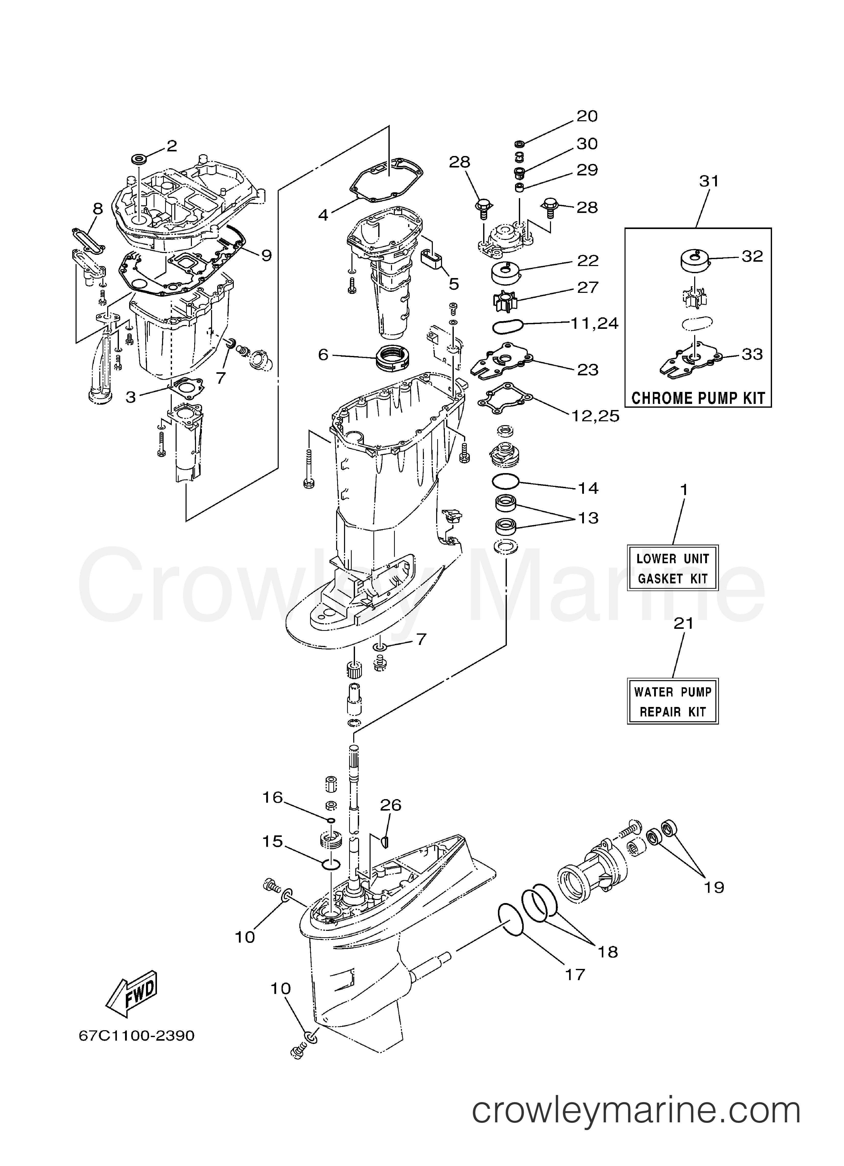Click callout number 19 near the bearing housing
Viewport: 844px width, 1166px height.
(x=714, y=887)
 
